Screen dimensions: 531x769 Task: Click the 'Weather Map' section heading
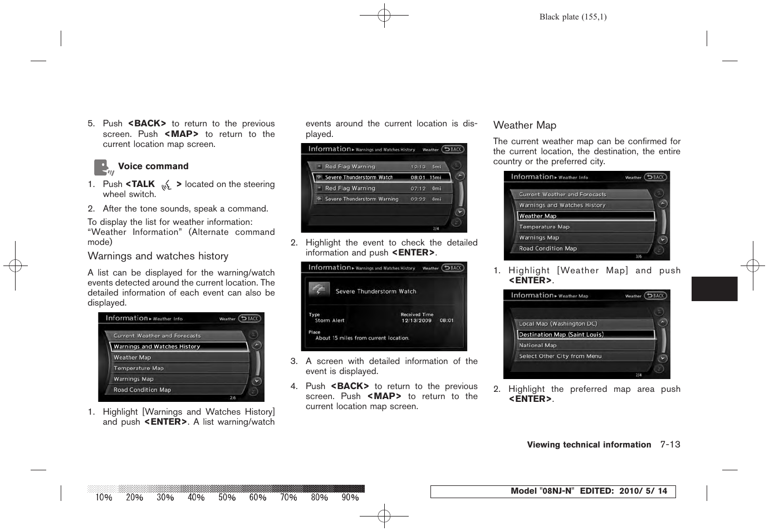coord(525,125)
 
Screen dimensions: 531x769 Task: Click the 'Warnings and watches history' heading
coord(158,256)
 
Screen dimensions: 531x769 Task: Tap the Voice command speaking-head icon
coord(102,167)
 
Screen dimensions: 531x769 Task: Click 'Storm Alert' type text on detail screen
coord(330,321)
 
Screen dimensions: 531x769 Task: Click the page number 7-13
coord(670,444)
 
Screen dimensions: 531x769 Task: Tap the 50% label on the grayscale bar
coord(227,498)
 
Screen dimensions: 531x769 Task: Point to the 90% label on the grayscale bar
coord(350,498)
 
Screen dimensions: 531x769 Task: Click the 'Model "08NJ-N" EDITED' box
coord(552,491)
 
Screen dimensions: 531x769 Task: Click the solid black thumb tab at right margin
coord(714,289)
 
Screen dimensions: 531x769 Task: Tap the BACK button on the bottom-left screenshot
coord(250,318)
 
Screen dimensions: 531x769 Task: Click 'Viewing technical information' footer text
coord(589,445)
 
